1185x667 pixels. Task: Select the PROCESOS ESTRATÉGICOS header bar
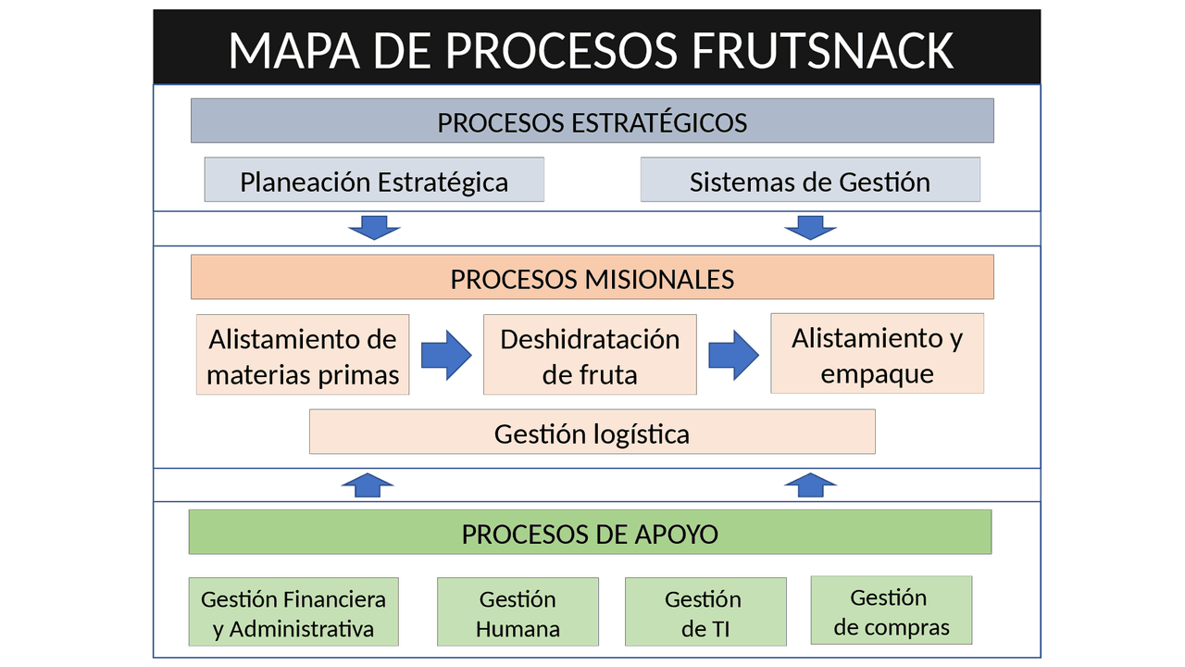(x=592, y=121)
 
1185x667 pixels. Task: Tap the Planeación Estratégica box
(x=374, y=181)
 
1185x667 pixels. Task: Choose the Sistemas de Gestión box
(x=810, y=181)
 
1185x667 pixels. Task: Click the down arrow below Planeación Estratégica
(x=375, y=227)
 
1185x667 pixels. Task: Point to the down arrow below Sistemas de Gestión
(x=810, y=227)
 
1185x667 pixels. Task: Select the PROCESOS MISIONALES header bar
(x=592, y=278)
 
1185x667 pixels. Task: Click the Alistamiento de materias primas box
(x=303, y=356)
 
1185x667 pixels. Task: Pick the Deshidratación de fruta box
(x=590, y=356)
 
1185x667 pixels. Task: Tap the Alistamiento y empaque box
(x=877, y=354)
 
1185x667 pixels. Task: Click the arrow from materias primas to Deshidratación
(x=446, y=356)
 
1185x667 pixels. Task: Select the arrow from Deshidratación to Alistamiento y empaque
(x=733, y=356)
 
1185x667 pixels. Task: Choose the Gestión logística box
(x=592, y=433)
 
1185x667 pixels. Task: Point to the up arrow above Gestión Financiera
(x=368, y=485)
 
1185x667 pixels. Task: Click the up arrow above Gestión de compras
(x=810, y=485)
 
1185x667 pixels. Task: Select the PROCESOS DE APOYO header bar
(x=590, y=533)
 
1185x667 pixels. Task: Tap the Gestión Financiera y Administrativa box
(x=293, y=612)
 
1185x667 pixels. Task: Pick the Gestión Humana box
(x=518, y=612)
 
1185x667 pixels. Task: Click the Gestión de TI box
(x=705, y=612)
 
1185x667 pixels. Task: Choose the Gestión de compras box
(x=892, y=610)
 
